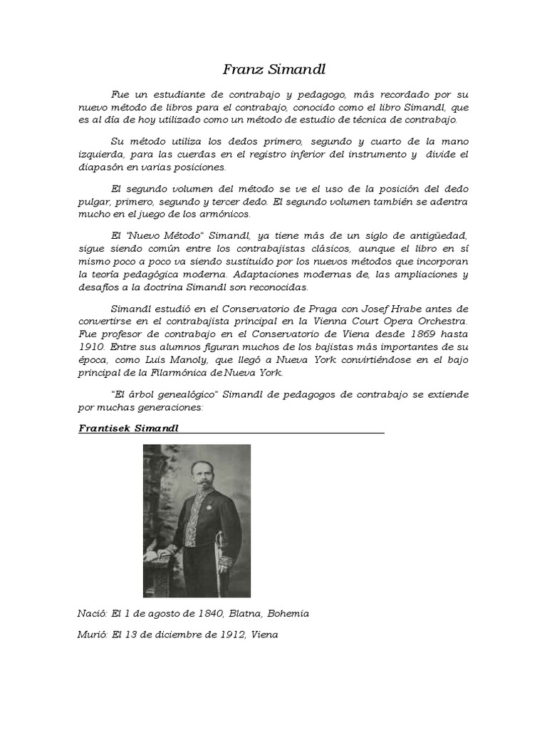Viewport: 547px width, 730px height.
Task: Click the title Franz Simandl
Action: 274,69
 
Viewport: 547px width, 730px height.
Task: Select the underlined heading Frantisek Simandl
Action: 127,428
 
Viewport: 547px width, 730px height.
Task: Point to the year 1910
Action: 91,346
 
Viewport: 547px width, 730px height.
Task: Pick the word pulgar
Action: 94,201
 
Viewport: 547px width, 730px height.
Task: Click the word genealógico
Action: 178,394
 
